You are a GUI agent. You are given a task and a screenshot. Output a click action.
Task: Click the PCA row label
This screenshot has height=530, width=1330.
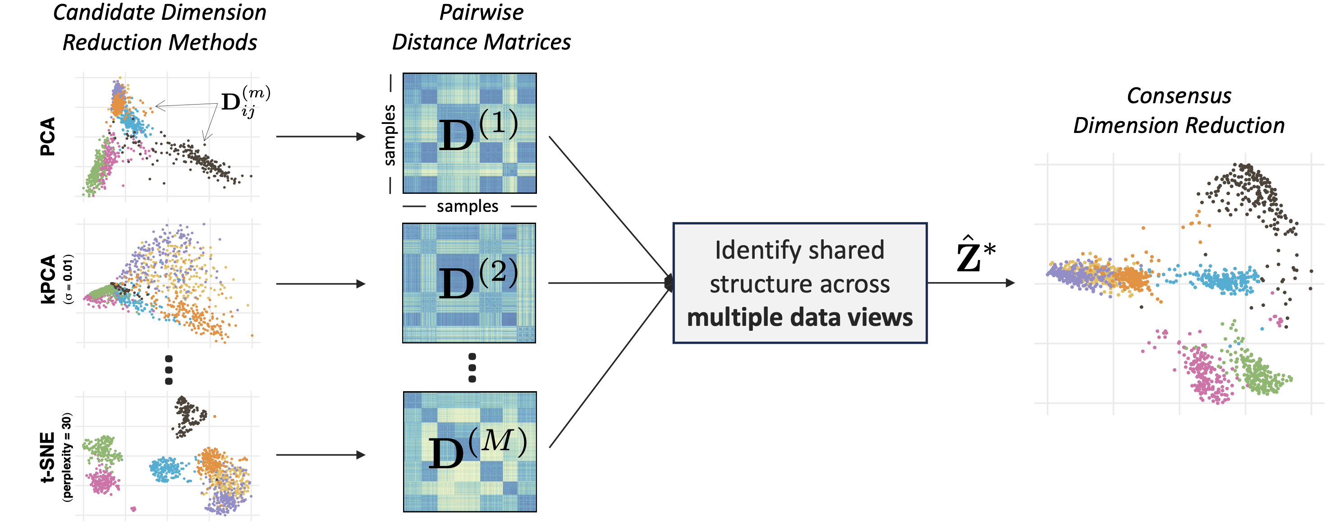click(x=47, y=136)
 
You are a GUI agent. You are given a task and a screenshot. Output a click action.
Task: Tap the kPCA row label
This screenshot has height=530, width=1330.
click(x=47, y=279)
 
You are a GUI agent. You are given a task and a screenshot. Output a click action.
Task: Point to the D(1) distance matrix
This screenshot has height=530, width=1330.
click(x=469, y=133)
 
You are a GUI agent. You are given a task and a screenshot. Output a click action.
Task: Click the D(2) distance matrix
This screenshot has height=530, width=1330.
click(x=469, y=283)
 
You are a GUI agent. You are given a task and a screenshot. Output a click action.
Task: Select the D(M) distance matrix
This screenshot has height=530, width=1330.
click(x=470, y=452)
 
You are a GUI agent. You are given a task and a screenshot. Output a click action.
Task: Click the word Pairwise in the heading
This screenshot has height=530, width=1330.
click(x=481, y=12)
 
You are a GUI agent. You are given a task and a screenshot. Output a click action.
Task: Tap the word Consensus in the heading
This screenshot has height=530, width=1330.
click(x=1179, y=96)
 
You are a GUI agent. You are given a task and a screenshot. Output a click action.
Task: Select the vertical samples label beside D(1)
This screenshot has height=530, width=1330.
click(x=389, y=135)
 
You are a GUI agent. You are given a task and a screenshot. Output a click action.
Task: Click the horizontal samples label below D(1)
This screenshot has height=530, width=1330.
click(x=467, y=206)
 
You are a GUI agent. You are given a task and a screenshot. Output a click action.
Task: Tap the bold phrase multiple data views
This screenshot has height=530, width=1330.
click(x=800, y=317)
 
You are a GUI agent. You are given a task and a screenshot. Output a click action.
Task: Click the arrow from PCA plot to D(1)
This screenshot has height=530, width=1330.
click(x=321, y=137)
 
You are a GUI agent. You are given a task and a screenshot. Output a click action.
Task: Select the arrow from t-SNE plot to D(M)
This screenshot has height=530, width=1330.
click(x=321, y=455)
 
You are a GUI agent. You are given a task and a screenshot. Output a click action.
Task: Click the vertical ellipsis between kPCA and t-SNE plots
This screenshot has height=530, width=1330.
click(x=168, y=370)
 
